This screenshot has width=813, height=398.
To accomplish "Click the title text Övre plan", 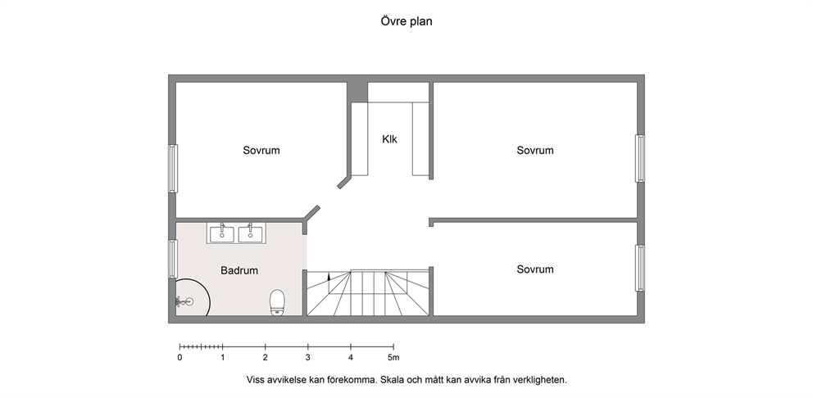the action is coord(406,21).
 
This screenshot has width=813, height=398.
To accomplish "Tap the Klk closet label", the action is coord(390,139).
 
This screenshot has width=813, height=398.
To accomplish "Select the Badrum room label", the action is coord(239,270).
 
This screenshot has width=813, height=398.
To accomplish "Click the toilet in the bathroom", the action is coord(277,302).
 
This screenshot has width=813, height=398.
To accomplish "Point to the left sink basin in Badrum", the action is coord(222,234).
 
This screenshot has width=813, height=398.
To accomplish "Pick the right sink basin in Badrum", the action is coord(251,234).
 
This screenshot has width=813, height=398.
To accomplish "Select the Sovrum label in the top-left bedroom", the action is coord(261,151).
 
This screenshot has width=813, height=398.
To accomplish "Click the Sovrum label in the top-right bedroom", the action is coord(535,151).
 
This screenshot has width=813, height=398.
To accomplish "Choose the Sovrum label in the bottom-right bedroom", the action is coord(535,269).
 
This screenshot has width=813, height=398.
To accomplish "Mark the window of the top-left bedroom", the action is coord(173,169).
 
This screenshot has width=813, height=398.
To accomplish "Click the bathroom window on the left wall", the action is coord(173,259).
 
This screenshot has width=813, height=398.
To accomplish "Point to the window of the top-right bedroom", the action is coord(640,159).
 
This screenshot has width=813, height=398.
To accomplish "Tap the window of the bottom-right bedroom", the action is coord(640,268).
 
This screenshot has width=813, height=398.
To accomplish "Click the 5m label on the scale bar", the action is coord(393,358).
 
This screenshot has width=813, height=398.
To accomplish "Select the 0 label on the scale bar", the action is coord(180,358).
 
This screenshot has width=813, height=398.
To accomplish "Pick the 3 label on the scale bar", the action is coord(308,358).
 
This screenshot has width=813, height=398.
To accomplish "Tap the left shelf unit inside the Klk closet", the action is coord(360,139).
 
